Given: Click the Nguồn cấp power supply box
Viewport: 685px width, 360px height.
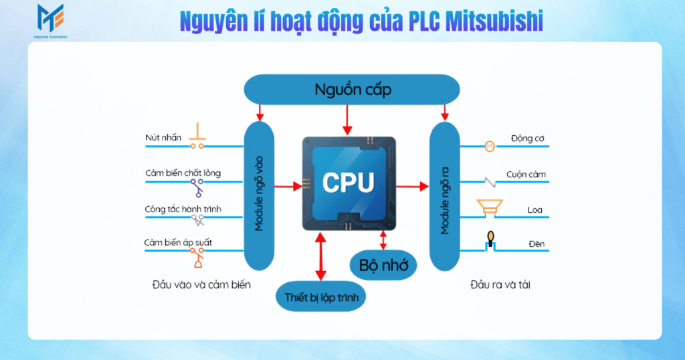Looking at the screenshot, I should pos(353,89).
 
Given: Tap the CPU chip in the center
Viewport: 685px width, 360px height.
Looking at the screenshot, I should pos(349,183).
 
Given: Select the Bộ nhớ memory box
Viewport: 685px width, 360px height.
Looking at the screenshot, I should pos(383,265).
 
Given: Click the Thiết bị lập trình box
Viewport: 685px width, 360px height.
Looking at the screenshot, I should pos(321,296).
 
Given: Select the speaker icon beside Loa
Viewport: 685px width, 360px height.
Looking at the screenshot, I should pos(489,207).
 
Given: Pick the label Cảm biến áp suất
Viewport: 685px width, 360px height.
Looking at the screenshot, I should pos(179,242).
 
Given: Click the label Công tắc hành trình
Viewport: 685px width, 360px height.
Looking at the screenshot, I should pos(183,209).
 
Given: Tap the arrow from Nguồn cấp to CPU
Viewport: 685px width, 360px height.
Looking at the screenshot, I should pos(347,120).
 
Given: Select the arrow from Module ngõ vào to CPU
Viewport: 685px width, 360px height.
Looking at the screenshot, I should pos(288,187).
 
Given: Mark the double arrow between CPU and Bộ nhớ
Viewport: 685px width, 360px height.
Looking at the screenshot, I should pos(383,239).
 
